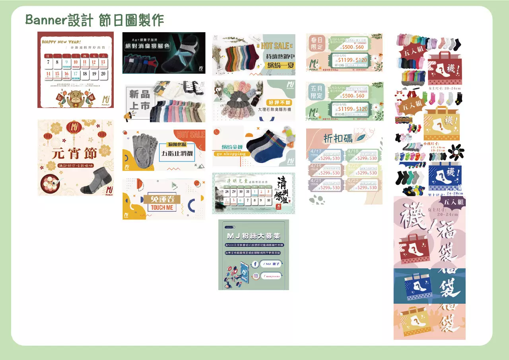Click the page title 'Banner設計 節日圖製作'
tap(95, 20)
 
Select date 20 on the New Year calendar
tap(103, 74)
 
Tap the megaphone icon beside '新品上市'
tap(132, 115)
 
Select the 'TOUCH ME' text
tap(162, 207)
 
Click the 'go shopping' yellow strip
tap(230, 153)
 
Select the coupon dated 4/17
tap(326, 155)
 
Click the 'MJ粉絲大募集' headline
tap(253, 236)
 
